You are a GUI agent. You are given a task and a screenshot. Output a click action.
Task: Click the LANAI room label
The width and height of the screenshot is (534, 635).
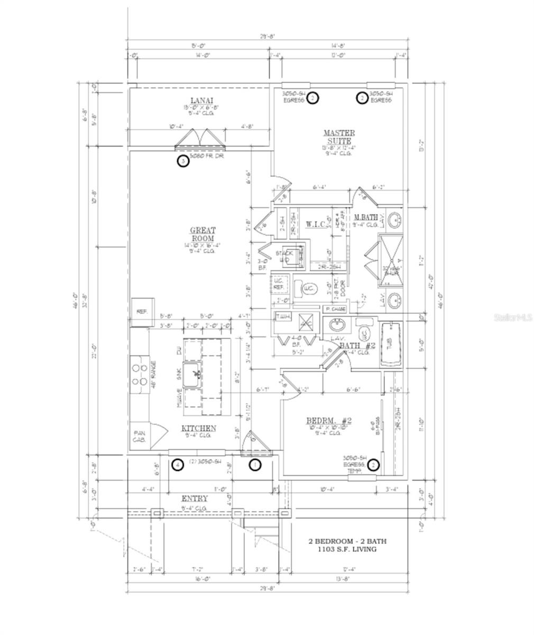[x=201, y=101]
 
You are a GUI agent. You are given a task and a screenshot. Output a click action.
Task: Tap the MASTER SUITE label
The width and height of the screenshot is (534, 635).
[x=339, y=137]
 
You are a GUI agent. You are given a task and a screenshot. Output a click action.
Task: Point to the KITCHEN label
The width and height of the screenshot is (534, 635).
[x=198, y=428]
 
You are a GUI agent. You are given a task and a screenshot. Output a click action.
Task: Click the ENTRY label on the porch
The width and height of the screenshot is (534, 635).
[x=195, y=498]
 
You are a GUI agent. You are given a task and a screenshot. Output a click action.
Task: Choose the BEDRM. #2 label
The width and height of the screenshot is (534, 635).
[x=329, y=421]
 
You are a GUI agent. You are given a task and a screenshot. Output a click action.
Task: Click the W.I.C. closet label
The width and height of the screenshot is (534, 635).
[x=316, y=224]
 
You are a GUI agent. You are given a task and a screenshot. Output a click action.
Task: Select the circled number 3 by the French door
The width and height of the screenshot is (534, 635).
[x=182, y=161]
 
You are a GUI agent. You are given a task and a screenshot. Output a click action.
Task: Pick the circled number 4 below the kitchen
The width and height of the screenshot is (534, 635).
[x=178, y=465]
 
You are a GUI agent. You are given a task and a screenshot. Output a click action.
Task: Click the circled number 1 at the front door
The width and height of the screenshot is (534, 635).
[x=255, y=465]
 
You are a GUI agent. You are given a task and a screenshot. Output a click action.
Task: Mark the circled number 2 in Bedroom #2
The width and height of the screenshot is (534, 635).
[x=374, y=465]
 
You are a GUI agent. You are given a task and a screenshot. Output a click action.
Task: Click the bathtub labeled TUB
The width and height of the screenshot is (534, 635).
[x=391, y=345]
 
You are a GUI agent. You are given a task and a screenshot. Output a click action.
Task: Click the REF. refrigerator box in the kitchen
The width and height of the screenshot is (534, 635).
[x=141, y=312]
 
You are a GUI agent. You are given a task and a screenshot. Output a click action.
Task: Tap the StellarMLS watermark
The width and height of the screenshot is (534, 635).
[x=513, y=318]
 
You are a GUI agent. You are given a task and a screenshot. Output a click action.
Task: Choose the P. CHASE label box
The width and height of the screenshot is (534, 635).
[x=336, y=309]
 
